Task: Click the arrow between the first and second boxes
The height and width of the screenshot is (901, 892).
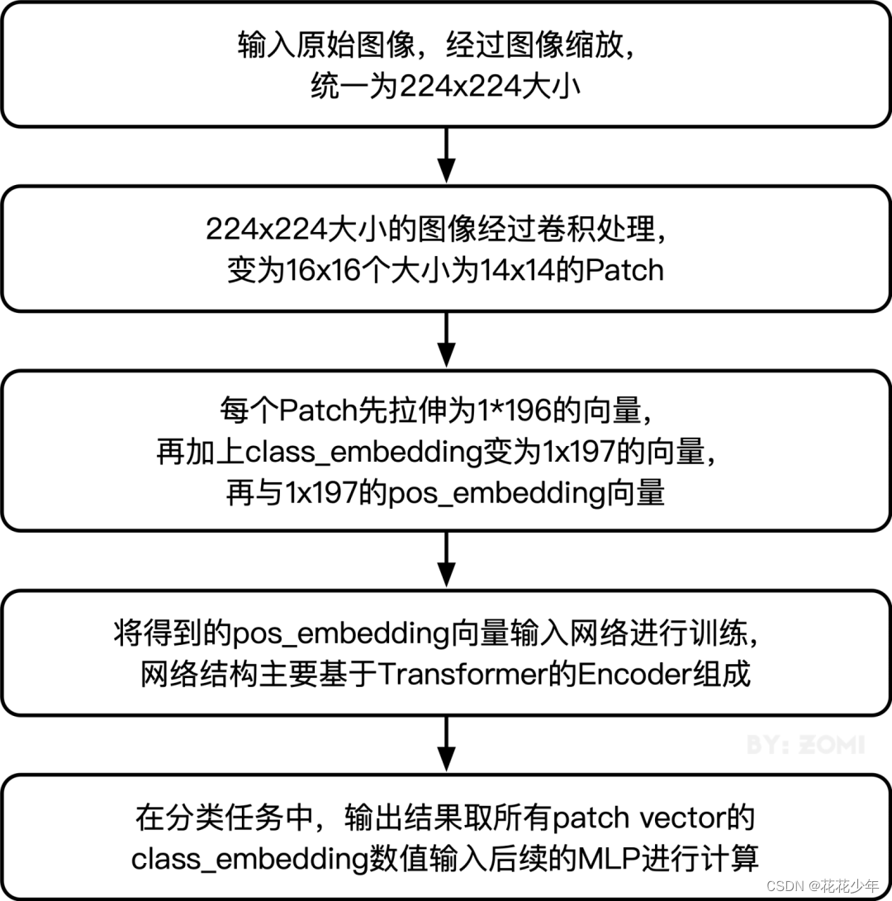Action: [x=446, y=155]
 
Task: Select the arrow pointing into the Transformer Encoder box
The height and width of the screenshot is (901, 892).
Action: [x=446, y=559]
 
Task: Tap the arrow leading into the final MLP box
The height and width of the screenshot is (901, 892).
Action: [x=446, y=744]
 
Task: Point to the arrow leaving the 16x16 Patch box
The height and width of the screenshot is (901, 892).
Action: [x=446, y=339]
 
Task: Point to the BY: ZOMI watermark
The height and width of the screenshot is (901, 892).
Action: [x=805, y=744]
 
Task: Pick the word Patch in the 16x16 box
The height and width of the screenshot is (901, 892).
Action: [x=624, y=270]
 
